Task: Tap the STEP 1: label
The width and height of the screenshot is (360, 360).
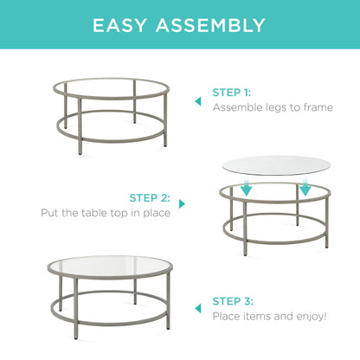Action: pos(231,92)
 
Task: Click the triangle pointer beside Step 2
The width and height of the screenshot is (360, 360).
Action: pos(182,204)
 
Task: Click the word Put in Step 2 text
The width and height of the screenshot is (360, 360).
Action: pos(50,213)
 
